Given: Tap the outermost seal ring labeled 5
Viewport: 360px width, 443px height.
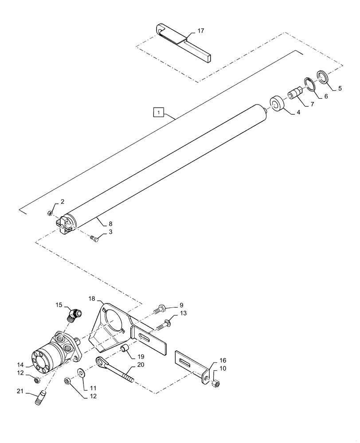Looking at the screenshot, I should coord(323,76).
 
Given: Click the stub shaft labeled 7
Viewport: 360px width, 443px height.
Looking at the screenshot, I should coord(294,95).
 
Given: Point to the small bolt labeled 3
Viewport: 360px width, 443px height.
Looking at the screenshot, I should coord(94,239).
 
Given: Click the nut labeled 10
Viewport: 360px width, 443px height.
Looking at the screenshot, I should coord(216,383).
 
